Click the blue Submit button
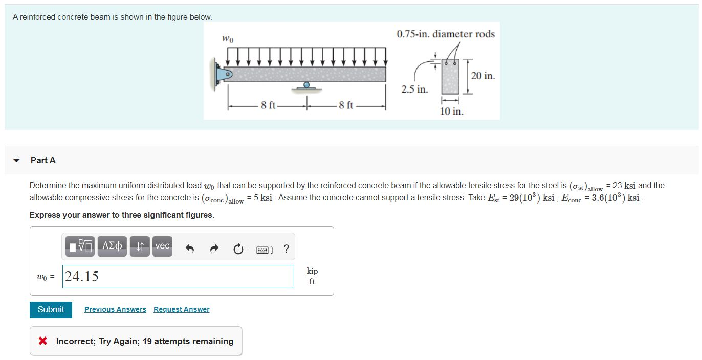(x=51, y=309)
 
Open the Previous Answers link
(x=115, y=309)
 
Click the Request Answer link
(x=181, y=309)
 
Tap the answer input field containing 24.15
(x=178, y=277)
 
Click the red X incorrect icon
(x=43, y=341)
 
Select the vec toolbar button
(x=162, y=246)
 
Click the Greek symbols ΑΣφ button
(x=112, y=246)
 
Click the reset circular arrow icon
(x=238, y=250)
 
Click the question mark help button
(x=286, y=249)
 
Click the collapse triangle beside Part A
(x=16, y=161)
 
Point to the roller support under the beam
(x=306, y=86)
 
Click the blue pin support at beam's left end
(x=224, y=74)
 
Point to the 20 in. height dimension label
(x=482, y=76)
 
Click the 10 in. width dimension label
(x=451, y=111)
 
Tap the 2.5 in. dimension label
(x=414, y=89)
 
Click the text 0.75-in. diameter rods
(x=446, y=34)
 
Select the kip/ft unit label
(x=312, y=276)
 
